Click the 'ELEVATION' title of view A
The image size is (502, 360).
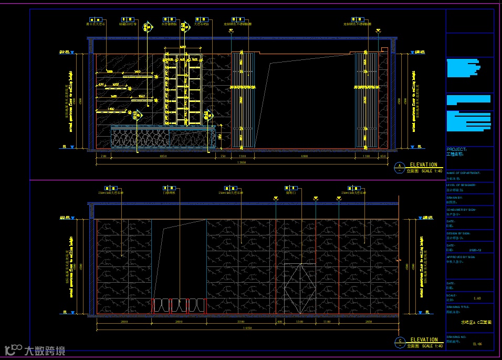[423, 164]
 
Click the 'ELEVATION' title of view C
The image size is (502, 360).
[423, 340]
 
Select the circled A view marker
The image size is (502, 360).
[400, 168]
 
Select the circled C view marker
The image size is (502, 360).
[400, 343]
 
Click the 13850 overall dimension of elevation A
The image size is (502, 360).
[242, 163]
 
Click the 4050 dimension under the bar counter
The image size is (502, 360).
[162, 156]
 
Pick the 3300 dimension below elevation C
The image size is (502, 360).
[240, 321]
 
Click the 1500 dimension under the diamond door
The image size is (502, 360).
[300, 321]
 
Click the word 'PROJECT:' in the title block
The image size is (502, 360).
[455, 149]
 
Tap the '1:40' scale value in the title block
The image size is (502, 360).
[477, 298]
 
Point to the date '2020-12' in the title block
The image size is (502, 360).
[475, 251]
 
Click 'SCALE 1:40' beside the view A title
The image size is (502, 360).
[432, 171]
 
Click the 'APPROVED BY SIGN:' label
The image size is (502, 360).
[461, 257]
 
